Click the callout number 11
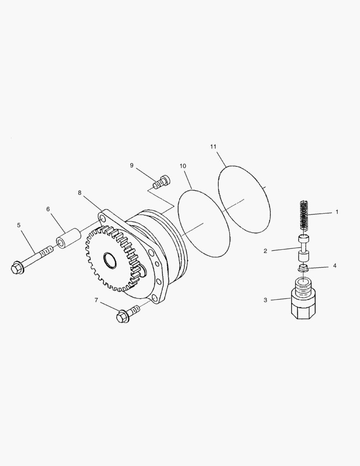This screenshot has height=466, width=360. (x=213, y=147)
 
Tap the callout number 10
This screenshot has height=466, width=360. (x=183, y=166)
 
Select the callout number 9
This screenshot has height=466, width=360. (x=131, y=166)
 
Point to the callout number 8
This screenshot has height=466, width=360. (x=80, y=193)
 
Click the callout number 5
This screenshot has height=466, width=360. (x=19, y=225)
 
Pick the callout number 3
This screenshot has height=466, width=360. (x=265, y=300)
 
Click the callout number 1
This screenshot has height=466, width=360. (x=337, y=212)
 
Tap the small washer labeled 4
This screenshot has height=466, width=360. (x=303, y=269)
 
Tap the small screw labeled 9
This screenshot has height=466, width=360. (x=162, y=182)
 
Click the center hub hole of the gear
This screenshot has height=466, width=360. (x=110, y=260)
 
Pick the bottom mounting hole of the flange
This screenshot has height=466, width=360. (x=154, y=297)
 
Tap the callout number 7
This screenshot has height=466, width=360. (x=96, y=300)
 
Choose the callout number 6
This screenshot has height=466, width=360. (x=48, y=209)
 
